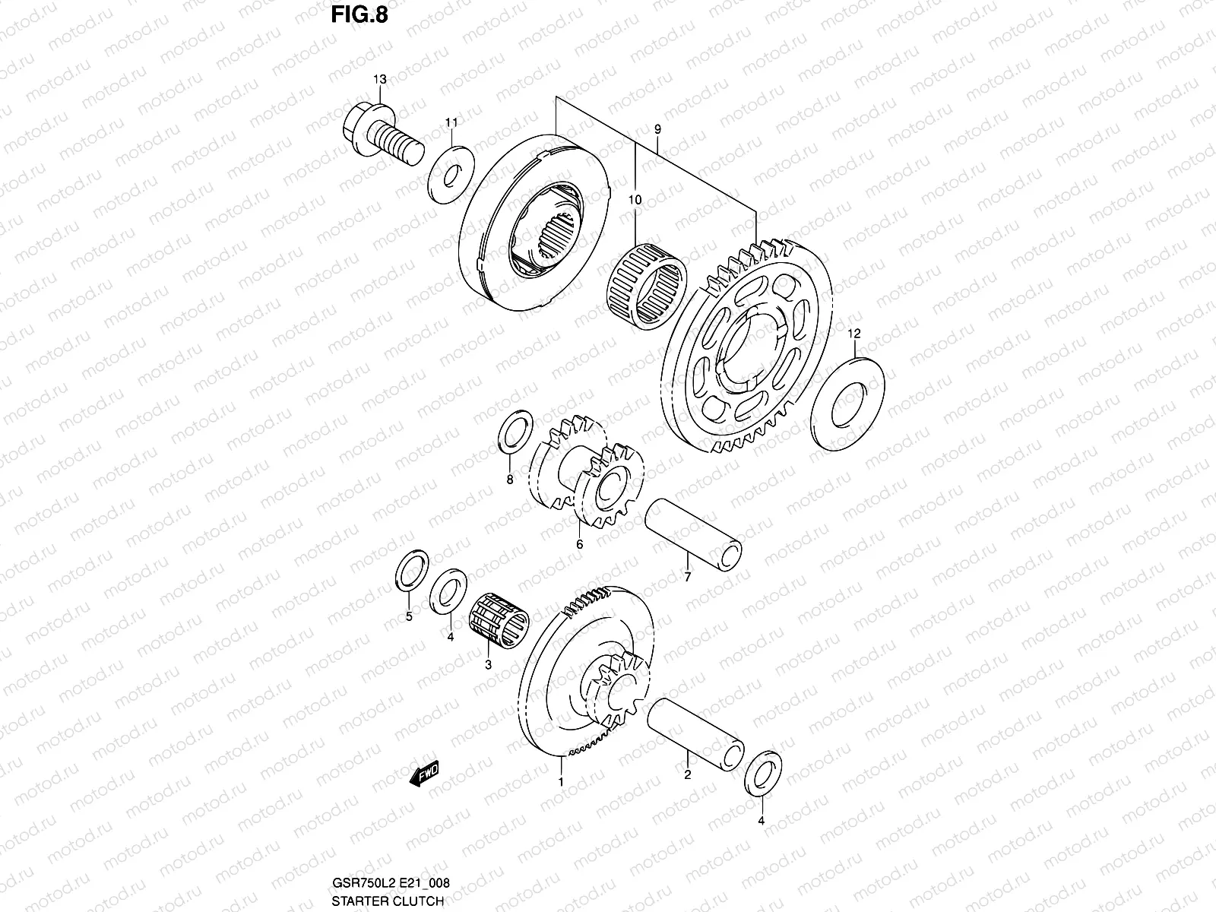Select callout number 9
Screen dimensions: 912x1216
click(657, 130)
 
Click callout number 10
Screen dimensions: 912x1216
click(635, 200)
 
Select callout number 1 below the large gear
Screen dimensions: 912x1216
click(560, 781)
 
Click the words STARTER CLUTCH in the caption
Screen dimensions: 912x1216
click(388, 901)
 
